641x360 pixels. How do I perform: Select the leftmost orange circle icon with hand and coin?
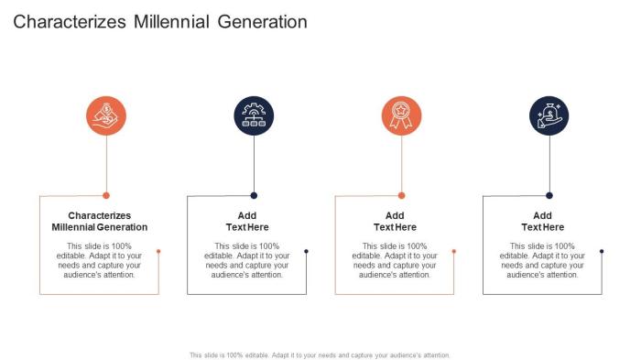click(106, 115)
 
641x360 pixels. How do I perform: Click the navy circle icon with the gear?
click(254, 115)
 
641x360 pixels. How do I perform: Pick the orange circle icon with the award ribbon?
click(401, 115)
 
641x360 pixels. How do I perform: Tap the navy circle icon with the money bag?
click(549, 115)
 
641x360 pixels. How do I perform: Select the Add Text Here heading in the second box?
click(247, 221)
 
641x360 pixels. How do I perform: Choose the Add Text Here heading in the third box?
click(395, 221)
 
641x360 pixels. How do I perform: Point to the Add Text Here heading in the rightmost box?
click(543, 221)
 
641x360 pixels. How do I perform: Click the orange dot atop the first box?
click(106, 195)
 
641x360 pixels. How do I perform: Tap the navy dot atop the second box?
click(254, 195)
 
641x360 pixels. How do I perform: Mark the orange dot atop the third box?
click(401, 195)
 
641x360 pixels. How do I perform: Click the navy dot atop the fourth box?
click(549, 195)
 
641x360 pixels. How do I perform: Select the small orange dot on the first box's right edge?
click(158, 251)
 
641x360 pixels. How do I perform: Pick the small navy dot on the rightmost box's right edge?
click(602, 251)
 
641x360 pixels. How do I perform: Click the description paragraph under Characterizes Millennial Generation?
click(99, 260)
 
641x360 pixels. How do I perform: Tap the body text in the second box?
click(247, 260)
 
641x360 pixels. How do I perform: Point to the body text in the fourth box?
click(543, 260)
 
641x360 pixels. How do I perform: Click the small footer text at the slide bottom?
click(320, 355)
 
